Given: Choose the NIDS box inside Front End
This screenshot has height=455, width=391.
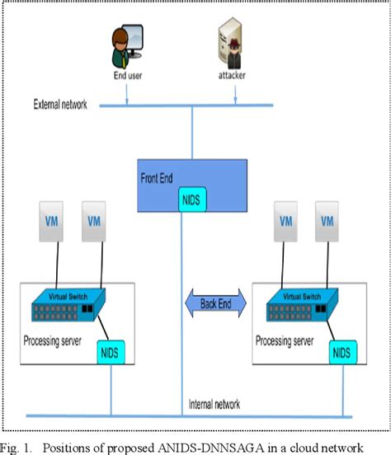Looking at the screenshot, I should click(x=193, y=199).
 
